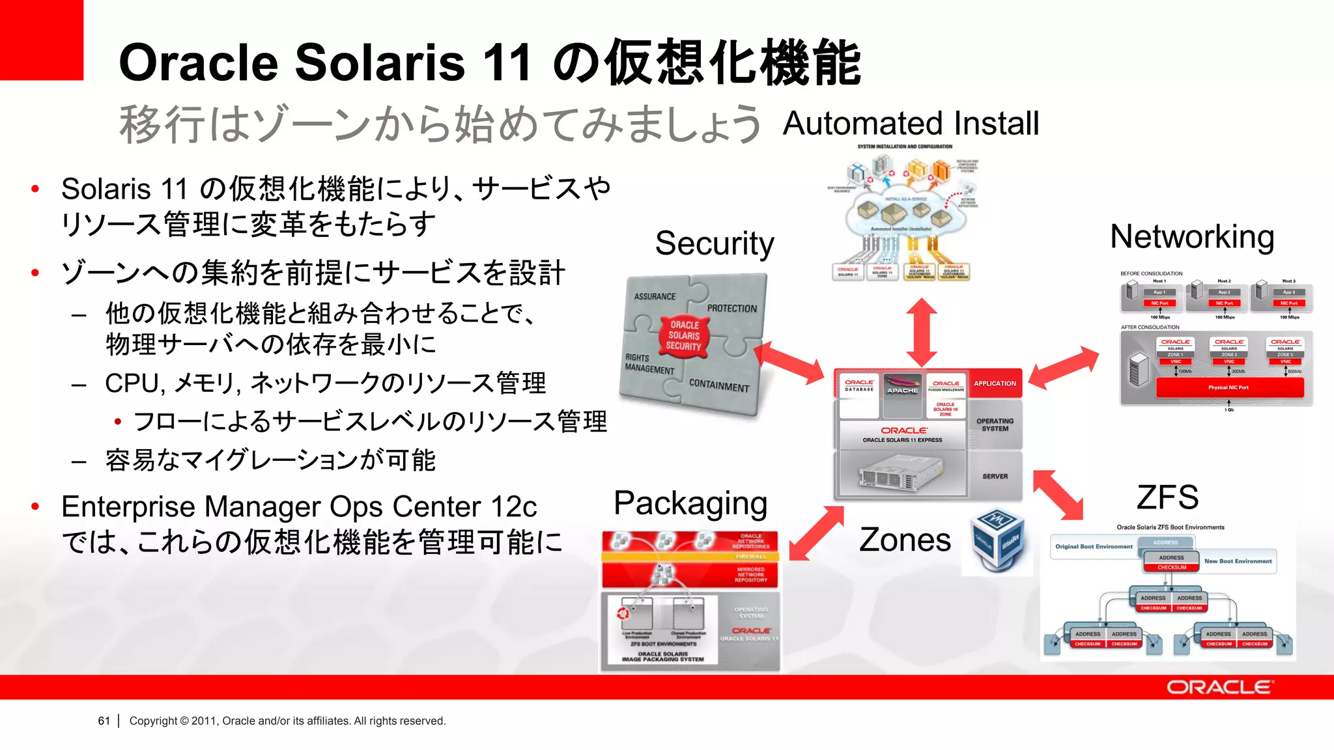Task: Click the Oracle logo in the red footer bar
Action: coord(1219,687)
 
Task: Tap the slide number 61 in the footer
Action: coord(104,721)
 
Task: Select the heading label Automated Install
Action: coord(911,124)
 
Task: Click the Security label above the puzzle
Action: coord(715,243)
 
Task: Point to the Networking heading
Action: coord(1192,236)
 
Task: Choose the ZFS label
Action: coord(1167,497)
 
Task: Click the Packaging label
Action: coord(690,503)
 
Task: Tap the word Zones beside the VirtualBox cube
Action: coord(905,540)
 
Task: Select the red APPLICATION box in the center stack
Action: coord(995,383)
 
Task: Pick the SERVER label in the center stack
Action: coord(995,477)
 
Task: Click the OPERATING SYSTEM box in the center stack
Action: coord(995,424)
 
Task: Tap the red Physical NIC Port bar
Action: coord(1228,387)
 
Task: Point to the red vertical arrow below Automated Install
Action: coord(922,332)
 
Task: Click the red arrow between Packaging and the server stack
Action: coord(816,533)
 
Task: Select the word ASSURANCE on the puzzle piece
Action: coord(655,296)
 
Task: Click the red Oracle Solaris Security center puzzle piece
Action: coord(684,335)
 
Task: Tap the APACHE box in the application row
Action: coord(902,390)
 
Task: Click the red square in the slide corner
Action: coord(41,39)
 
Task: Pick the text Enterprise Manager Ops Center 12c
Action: coord(299,507)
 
